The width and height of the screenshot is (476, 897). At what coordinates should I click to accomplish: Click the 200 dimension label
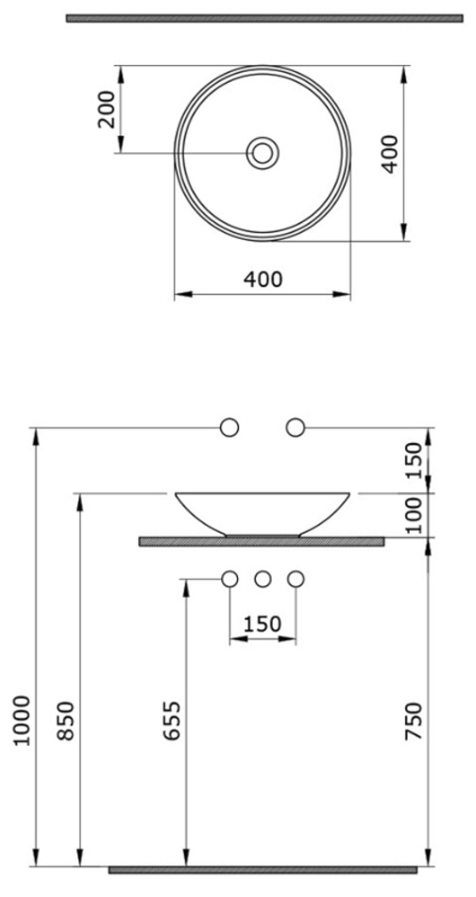pos(107,109)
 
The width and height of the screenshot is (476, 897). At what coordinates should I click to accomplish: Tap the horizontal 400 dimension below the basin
pos(263,279)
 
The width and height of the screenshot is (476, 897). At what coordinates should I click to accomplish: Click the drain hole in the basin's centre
pos(263,153)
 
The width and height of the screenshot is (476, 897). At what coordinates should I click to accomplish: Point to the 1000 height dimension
pos(22,720)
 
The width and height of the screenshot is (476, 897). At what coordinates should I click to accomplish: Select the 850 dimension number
pos(66,720)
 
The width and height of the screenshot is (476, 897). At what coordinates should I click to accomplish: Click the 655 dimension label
pos(172,720)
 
